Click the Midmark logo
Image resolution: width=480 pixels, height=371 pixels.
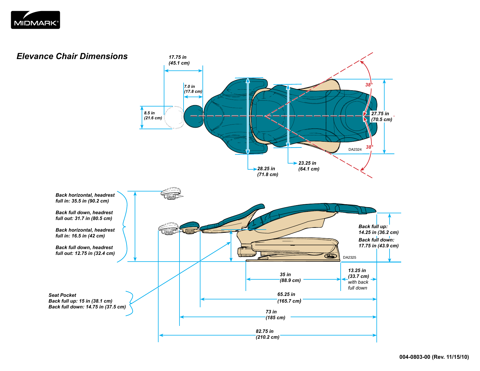[35, 20]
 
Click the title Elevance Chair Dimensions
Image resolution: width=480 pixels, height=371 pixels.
[72, 56]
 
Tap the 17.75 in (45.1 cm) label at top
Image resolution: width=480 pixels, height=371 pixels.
[179, 60]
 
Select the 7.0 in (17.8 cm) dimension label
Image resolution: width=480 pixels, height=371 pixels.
[193, 89]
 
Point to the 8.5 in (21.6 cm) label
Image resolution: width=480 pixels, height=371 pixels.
[153, 116]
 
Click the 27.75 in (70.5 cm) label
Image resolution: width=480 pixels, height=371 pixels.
[381, 116]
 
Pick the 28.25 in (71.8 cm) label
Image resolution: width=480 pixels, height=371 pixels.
[267, 171]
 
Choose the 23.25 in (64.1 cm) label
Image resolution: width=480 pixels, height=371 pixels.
[309, 166]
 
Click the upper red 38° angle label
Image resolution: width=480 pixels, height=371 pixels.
[369, 85]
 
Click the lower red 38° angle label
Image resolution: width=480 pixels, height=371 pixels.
[369, 147]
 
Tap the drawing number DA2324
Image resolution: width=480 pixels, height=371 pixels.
[355, 150]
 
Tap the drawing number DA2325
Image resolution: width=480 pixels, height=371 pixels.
[349, 258]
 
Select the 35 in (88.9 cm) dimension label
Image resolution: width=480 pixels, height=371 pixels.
[290, 278]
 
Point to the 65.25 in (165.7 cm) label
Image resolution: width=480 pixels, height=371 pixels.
[289, 298]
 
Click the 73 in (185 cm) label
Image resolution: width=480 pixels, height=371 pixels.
[275, 315]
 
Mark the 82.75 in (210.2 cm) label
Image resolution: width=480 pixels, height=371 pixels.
[267, 334]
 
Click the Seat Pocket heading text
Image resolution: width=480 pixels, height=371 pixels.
[62, 295]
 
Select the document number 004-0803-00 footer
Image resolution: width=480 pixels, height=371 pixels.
[434, 357]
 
